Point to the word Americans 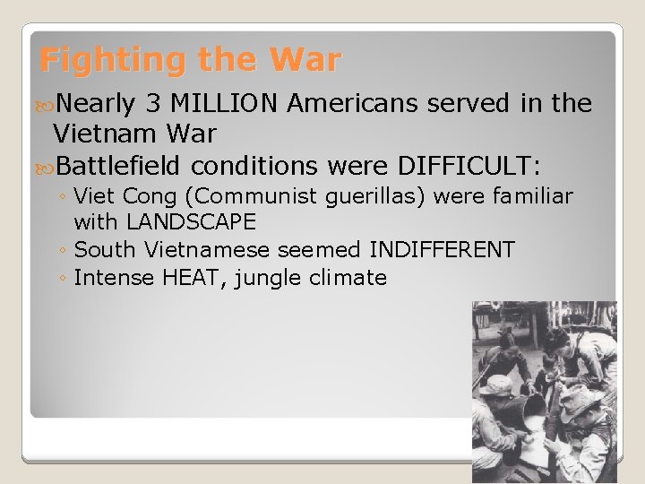pos(353,104)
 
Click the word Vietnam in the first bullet pos(99,134)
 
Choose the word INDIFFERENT pos(442,249)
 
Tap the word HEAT pos(192,278)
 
